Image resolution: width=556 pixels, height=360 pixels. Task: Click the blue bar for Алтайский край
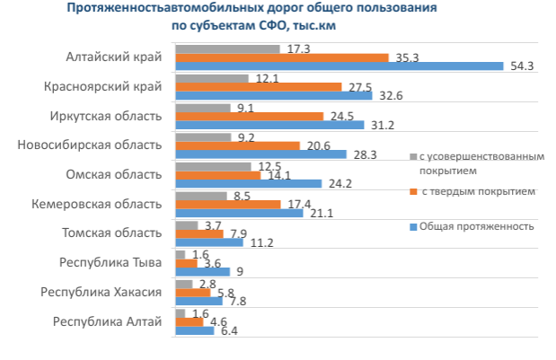[x=340, y=66]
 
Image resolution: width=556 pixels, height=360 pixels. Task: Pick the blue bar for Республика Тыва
[x=203, y=272]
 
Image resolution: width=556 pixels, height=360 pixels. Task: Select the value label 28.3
[x=364, y=155]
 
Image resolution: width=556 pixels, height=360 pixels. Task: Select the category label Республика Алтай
[x=108, y=320]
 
